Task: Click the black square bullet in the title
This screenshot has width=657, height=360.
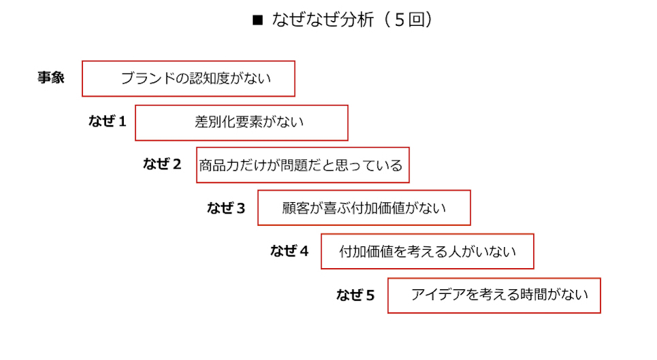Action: coord(257,20)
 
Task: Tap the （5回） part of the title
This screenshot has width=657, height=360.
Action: coord(408,20)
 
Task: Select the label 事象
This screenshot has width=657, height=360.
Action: coord(51,78)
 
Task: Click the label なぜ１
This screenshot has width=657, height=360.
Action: coord(107,122)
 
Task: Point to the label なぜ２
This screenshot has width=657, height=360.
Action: coord(163,164)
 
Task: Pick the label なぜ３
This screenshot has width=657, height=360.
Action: coord(226,208)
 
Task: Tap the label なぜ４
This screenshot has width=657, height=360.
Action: coord(289,251)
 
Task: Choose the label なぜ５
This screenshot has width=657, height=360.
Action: coord(356,295)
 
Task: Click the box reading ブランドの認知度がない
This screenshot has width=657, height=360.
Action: coord(188,78)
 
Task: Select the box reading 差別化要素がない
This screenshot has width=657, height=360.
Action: coord(241,122)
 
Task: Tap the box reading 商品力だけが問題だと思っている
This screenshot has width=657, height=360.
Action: coord(303,165)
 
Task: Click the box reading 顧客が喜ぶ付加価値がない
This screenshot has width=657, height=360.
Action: coord(364,208)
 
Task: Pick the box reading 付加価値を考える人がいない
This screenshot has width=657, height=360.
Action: coord(427,252)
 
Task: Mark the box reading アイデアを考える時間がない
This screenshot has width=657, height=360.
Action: coord(494,295)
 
